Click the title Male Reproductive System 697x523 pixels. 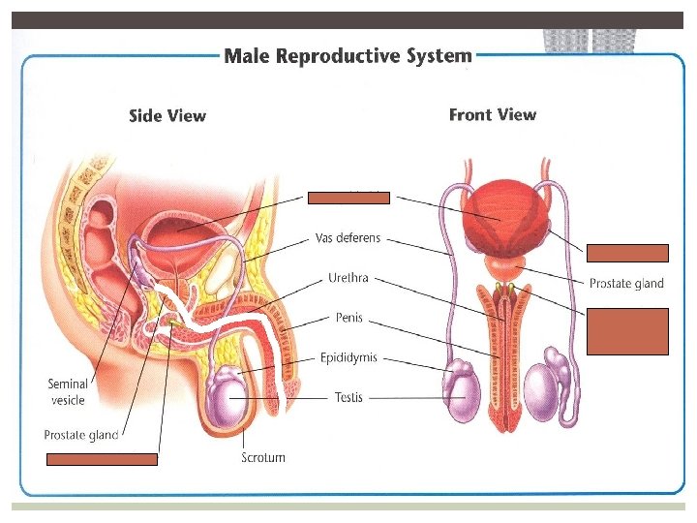[x=348, y=56]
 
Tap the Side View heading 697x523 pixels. [x=167, y=116]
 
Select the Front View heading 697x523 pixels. [x=492, y=115]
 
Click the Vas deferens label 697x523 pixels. [x=348, y=237]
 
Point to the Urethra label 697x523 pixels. [x=348, y=279]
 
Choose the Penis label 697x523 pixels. [x=348, y=317]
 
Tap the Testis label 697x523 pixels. [x=348, y=397]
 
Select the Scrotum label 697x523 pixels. [x=263, y=457]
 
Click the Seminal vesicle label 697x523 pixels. [x=68, y=392]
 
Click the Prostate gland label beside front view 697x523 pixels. [x=626, y=283]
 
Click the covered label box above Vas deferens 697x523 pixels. [x=348, y=198]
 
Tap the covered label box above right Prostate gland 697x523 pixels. [x=626, y=254]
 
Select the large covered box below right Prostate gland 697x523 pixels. [x=626, y=330]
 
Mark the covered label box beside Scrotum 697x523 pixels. [x=102, y=459]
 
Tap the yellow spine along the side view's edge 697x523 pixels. [x=72, y=223]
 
